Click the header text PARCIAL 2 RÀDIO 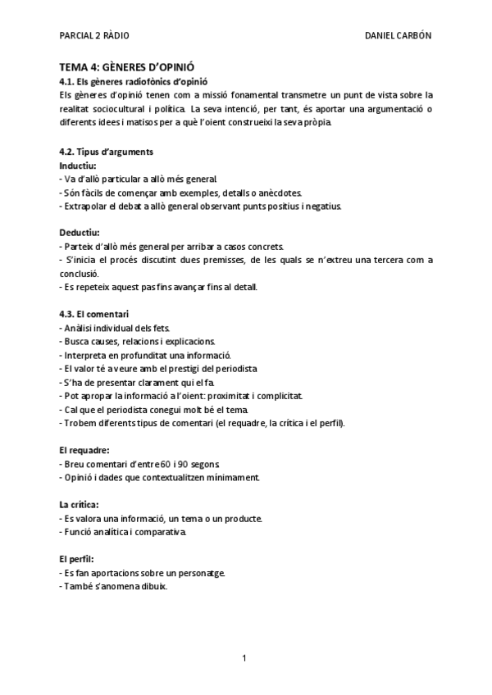point(94,35)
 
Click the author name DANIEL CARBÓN point(398,35)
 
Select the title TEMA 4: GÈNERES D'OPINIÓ point(127,67)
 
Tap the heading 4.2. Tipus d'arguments point(107,152)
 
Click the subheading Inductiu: point(78,165)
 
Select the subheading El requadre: point(84,450)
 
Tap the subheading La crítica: point(80,504)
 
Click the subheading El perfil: point(77,558)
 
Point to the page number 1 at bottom point(245,657)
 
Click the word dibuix point(153,585)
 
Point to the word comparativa point(163,531)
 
